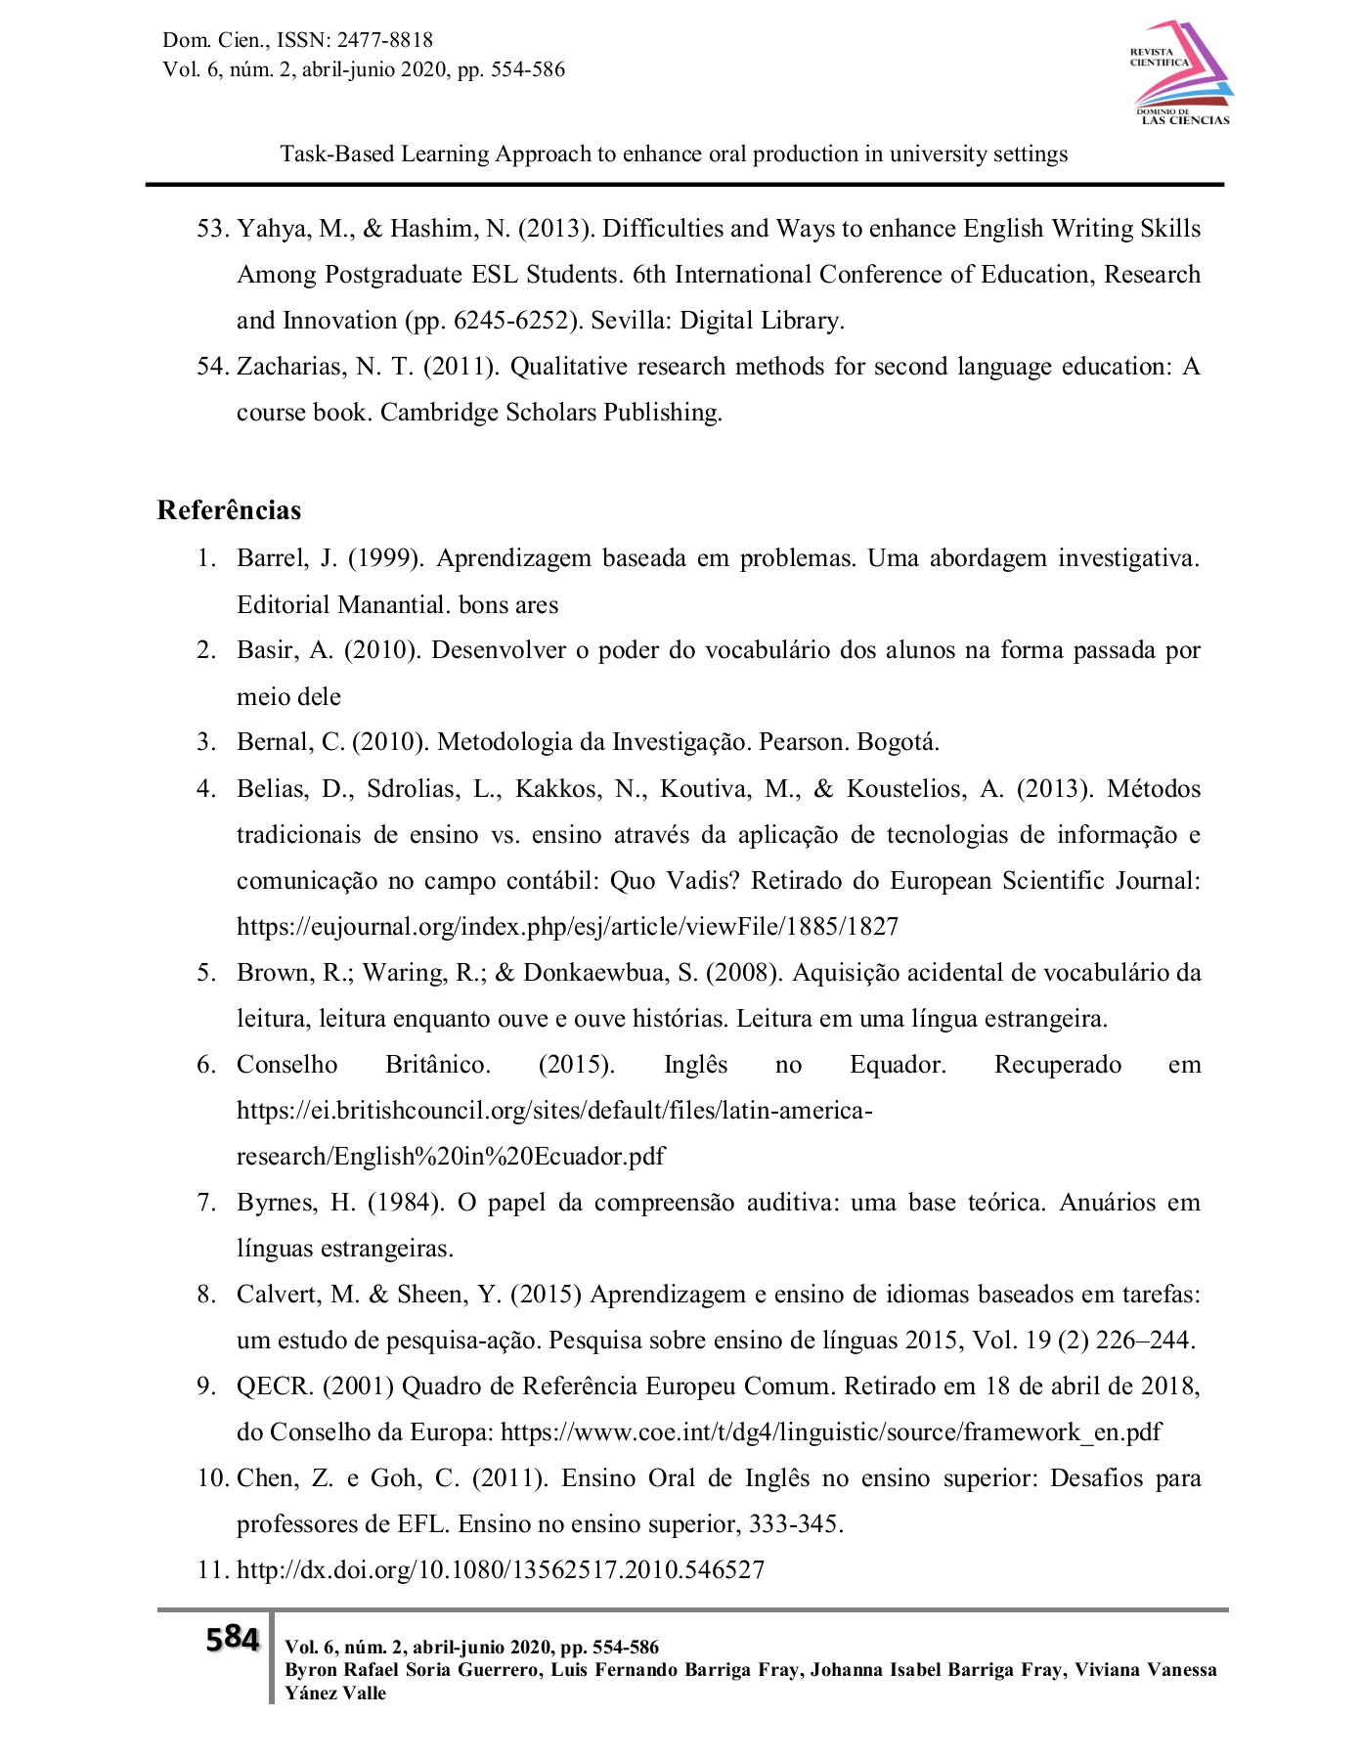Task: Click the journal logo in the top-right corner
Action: click(x=1181, y=74)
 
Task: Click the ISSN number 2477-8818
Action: click(x=384, y=40)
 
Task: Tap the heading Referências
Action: click(x=229, y=510)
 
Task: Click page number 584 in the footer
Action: click(x=232, y=1638)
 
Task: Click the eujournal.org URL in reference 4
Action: click(x=567, y=926)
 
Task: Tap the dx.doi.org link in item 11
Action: click(x=501, y=1569)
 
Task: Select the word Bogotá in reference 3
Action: click(x=897, y=742)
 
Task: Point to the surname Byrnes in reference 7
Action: click(x=276, y=1203)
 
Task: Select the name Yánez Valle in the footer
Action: click(x=335, y=1693)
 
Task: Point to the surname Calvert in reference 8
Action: click(x=278, y=1295)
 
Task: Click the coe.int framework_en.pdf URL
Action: click(x=830, y=1432)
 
